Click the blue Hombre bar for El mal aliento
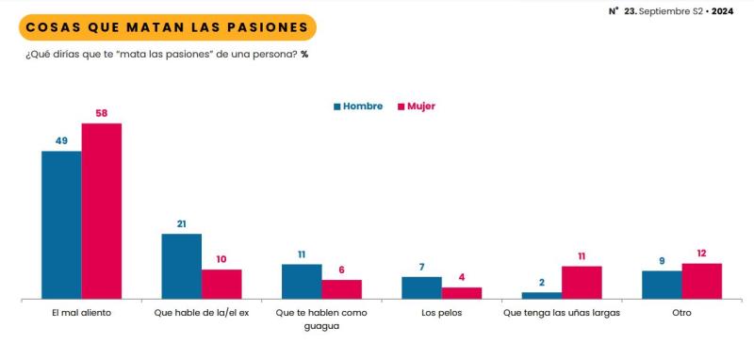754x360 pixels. [x=61, y=224]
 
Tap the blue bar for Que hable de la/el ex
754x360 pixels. [x=182, y=266]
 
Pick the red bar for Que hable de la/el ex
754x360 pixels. [x=221, y=284]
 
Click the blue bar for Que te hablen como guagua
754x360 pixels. [x=302, y=281]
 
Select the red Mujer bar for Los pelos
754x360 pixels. [x=462, y=292]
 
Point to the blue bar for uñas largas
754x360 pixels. [x=541, y=295]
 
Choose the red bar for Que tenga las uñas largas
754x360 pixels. [x=582, y=282]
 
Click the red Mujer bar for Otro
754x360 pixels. [x=701, y=281]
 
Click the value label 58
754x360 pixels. [x=102, y=113]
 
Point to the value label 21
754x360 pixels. [x=182, y=224]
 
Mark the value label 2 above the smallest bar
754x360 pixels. [x=541, y=283]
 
